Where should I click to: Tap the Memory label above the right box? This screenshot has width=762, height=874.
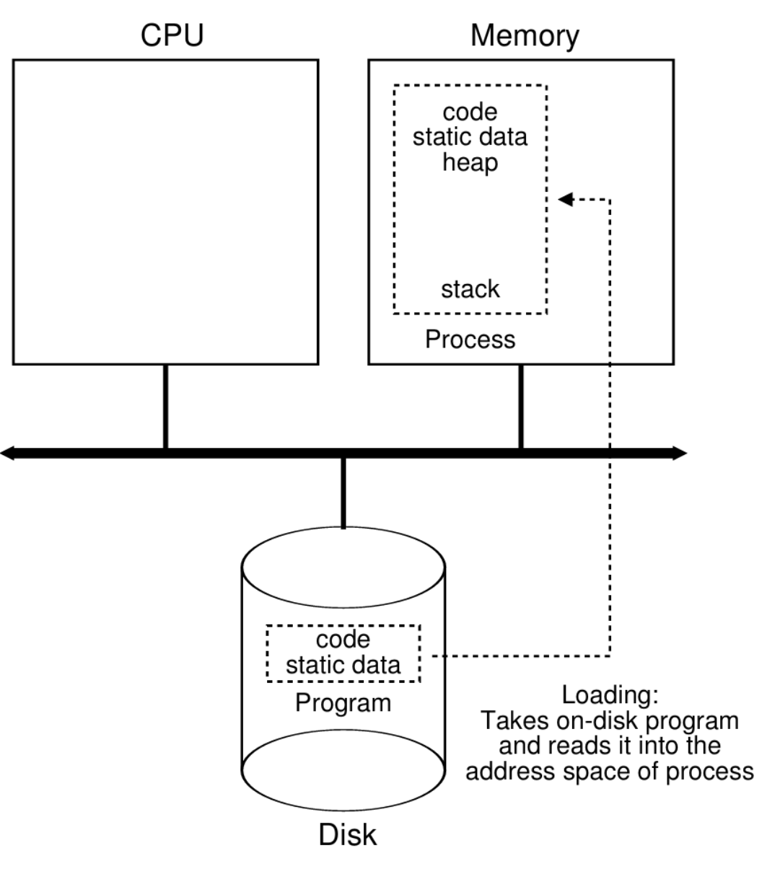[525, 36]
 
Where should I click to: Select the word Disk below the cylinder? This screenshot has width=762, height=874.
[347, 835]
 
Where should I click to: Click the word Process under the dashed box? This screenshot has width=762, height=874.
[470, 339]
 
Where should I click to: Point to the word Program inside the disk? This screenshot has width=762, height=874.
[343, 702]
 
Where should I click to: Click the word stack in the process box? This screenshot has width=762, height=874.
[470, 289]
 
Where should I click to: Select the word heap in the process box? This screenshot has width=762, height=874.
[470, 162]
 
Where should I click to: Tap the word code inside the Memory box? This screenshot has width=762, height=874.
[470, 112]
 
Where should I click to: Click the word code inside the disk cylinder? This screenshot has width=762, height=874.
[343, 639]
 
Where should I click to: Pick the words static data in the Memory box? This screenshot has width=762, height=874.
[470, 137]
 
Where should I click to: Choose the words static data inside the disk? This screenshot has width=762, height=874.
[343, 663]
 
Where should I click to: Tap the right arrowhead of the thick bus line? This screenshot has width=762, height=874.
[679, 454]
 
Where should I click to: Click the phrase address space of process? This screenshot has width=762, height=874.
[609, 771]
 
